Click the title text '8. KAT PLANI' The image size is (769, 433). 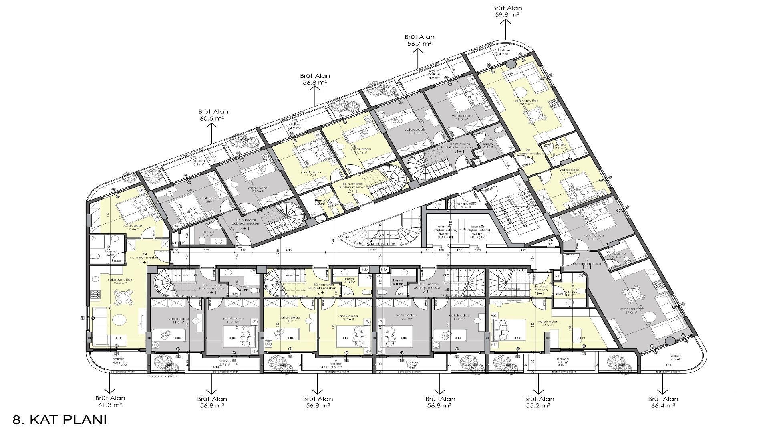pyautogui.click(x=60, y=420)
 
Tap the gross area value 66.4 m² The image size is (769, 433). pyautogui.click(x=663, y=405)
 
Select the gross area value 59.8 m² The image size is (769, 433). pyautogui.click(x=507, y=14)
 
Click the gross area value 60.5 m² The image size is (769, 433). pyautogui.click(x=211, y=119)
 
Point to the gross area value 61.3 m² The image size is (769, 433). pyautogui.click(x=110, y=405)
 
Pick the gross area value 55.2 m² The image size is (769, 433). pyautogui.click(x=539, y=405)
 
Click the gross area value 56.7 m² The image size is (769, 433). pyautogui.click(x=419, y=44)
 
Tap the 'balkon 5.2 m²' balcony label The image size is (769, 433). pyautogui.click(x=199, y=162)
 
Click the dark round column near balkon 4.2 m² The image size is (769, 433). pyautogui.click(x=511, y=64)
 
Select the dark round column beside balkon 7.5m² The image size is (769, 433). pyautogui.click(x=670, y=341)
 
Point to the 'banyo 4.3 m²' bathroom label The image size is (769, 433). pyautogui.click(x=570, y=293)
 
